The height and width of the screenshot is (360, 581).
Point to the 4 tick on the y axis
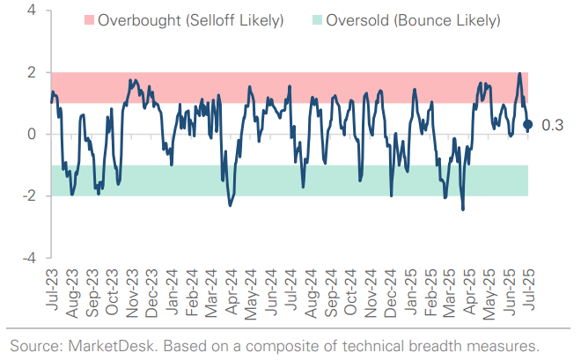[31, 11]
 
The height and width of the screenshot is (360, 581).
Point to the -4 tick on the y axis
[28, 259]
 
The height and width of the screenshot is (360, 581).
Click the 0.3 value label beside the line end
[552, 125]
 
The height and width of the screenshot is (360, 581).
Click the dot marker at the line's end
[528, 125]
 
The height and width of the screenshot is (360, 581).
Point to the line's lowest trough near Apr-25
[463, 209]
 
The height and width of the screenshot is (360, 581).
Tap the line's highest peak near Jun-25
[520, 74]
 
